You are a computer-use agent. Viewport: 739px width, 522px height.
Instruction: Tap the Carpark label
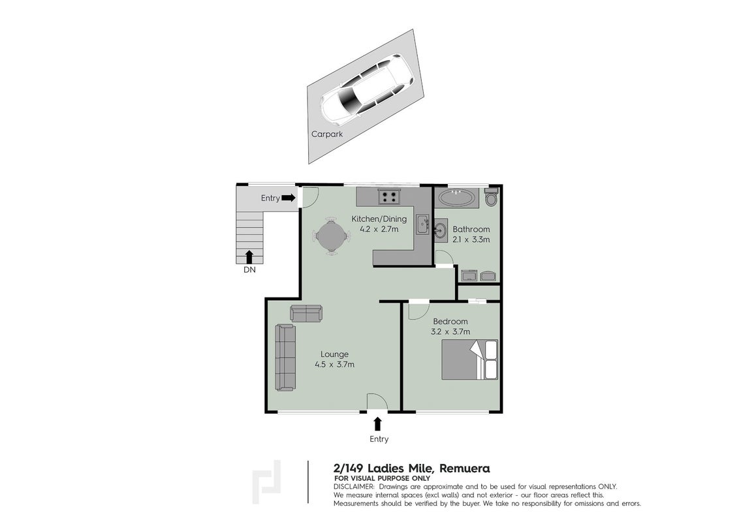[x=327, y=134]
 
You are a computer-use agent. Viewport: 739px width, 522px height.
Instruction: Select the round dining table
[x=326, y=236]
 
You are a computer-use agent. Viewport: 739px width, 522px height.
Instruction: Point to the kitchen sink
[x=423, y=224]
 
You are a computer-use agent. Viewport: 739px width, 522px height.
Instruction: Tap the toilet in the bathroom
[x=491, y=197]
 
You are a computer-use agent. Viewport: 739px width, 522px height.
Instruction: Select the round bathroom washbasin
[x=441, y=232]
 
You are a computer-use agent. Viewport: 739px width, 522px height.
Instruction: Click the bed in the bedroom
[x=469, y=360]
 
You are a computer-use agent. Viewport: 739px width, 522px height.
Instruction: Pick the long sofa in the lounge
[x=285, y=357]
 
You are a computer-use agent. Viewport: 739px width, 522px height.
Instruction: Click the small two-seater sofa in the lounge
[x=306, y=313]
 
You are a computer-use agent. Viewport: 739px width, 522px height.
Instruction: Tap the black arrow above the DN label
[x=249, y=257]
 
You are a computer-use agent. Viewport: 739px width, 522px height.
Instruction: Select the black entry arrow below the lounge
[x=377, y=424]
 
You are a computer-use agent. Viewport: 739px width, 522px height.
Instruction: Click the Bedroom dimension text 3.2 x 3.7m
[x=450, y=331]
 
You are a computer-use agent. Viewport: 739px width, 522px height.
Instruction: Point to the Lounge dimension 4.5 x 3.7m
[x=335, y=364]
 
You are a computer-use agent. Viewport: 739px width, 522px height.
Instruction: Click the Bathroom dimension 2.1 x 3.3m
[x=471, y=239]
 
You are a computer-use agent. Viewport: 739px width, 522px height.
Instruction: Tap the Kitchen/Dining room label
[x=379, y=219]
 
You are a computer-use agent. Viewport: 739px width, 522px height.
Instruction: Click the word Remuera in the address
[x=465, y=468]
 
